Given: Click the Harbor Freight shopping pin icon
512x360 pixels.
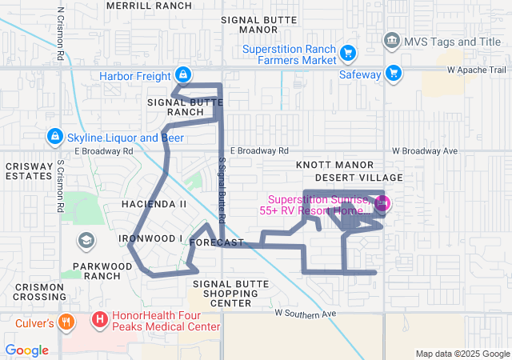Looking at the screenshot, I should point(183,74).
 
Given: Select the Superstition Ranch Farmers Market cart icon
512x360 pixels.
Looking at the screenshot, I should point(347,54).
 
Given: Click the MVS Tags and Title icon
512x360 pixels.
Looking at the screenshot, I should point(391,40).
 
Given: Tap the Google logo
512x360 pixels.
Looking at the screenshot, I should point(27,350).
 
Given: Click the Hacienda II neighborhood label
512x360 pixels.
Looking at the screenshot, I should point(154,204).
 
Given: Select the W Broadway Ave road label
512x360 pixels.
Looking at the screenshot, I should point(424,150).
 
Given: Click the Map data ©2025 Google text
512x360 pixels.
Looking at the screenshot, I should point(462,354).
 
